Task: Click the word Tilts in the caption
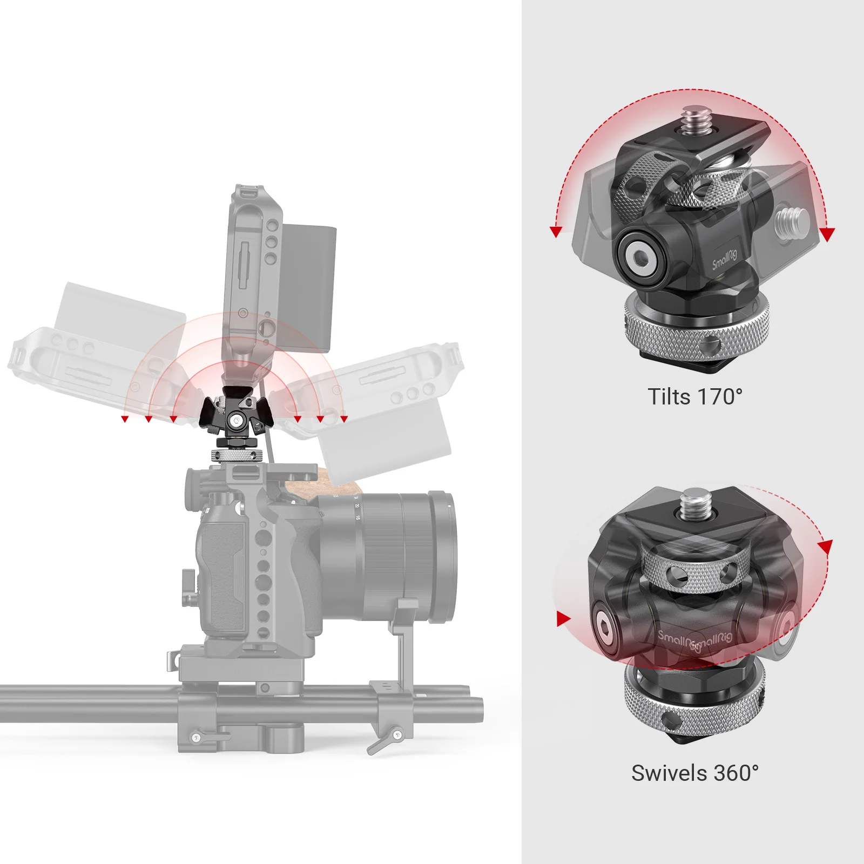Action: [669, 397]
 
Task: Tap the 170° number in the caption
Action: [720, 397]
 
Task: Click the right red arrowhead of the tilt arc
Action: [827, 233]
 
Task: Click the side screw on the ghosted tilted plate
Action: [792, 221]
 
